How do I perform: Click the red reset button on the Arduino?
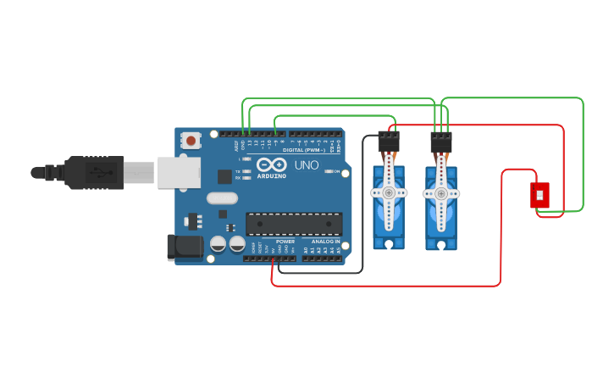click(192, 141)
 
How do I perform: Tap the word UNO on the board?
click(307, 164)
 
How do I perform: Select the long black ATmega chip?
click(294, 224)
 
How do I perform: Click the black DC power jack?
click(184, 247)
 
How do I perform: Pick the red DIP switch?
click(539, 195)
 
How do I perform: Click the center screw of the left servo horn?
click(389, 193)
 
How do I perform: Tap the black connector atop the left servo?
click(389, 142)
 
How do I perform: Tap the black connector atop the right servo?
click(440, 142)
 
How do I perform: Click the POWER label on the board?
click(285, 242)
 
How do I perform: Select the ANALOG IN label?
click(325, 242)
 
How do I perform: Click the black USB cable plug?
click(93, 172)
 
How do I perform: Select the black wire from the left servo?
click(364, 203)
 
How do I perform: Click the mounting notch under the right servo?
click(440, 246)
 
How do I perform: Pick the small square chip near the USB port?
click(224, 176)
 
